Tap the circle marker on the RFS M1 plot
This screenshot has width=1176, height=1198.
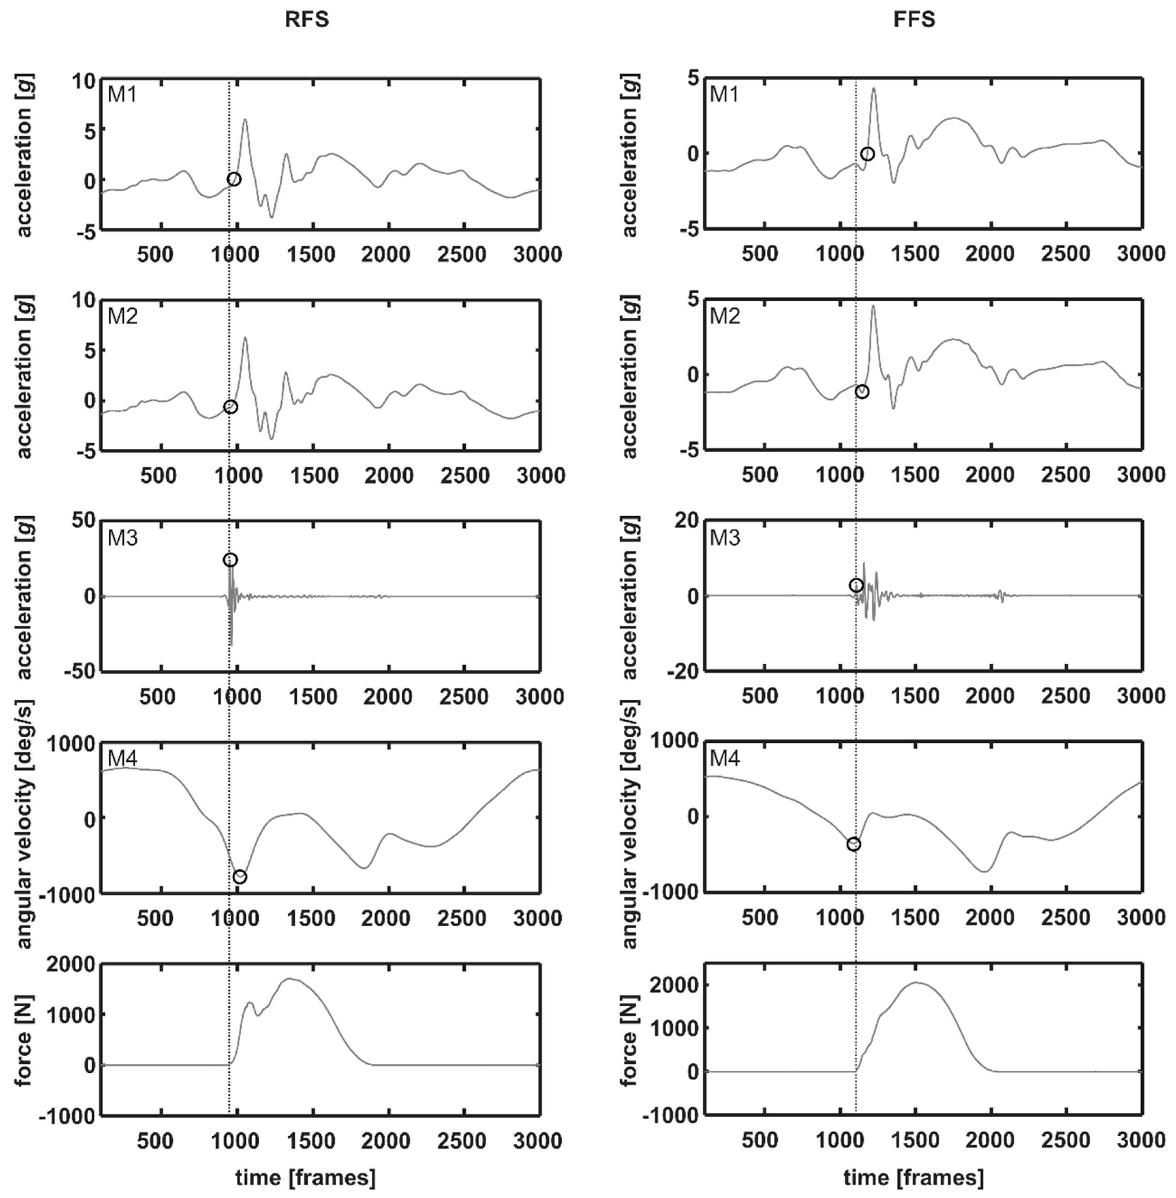point(234,179)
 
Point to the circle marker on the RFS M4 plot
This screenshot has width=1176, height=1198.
point(239,877)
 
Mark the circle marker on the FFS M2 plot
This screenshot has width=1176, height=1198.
point(862,392)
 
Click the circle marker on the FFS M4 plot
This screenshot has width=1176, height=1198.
point(854,844)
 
